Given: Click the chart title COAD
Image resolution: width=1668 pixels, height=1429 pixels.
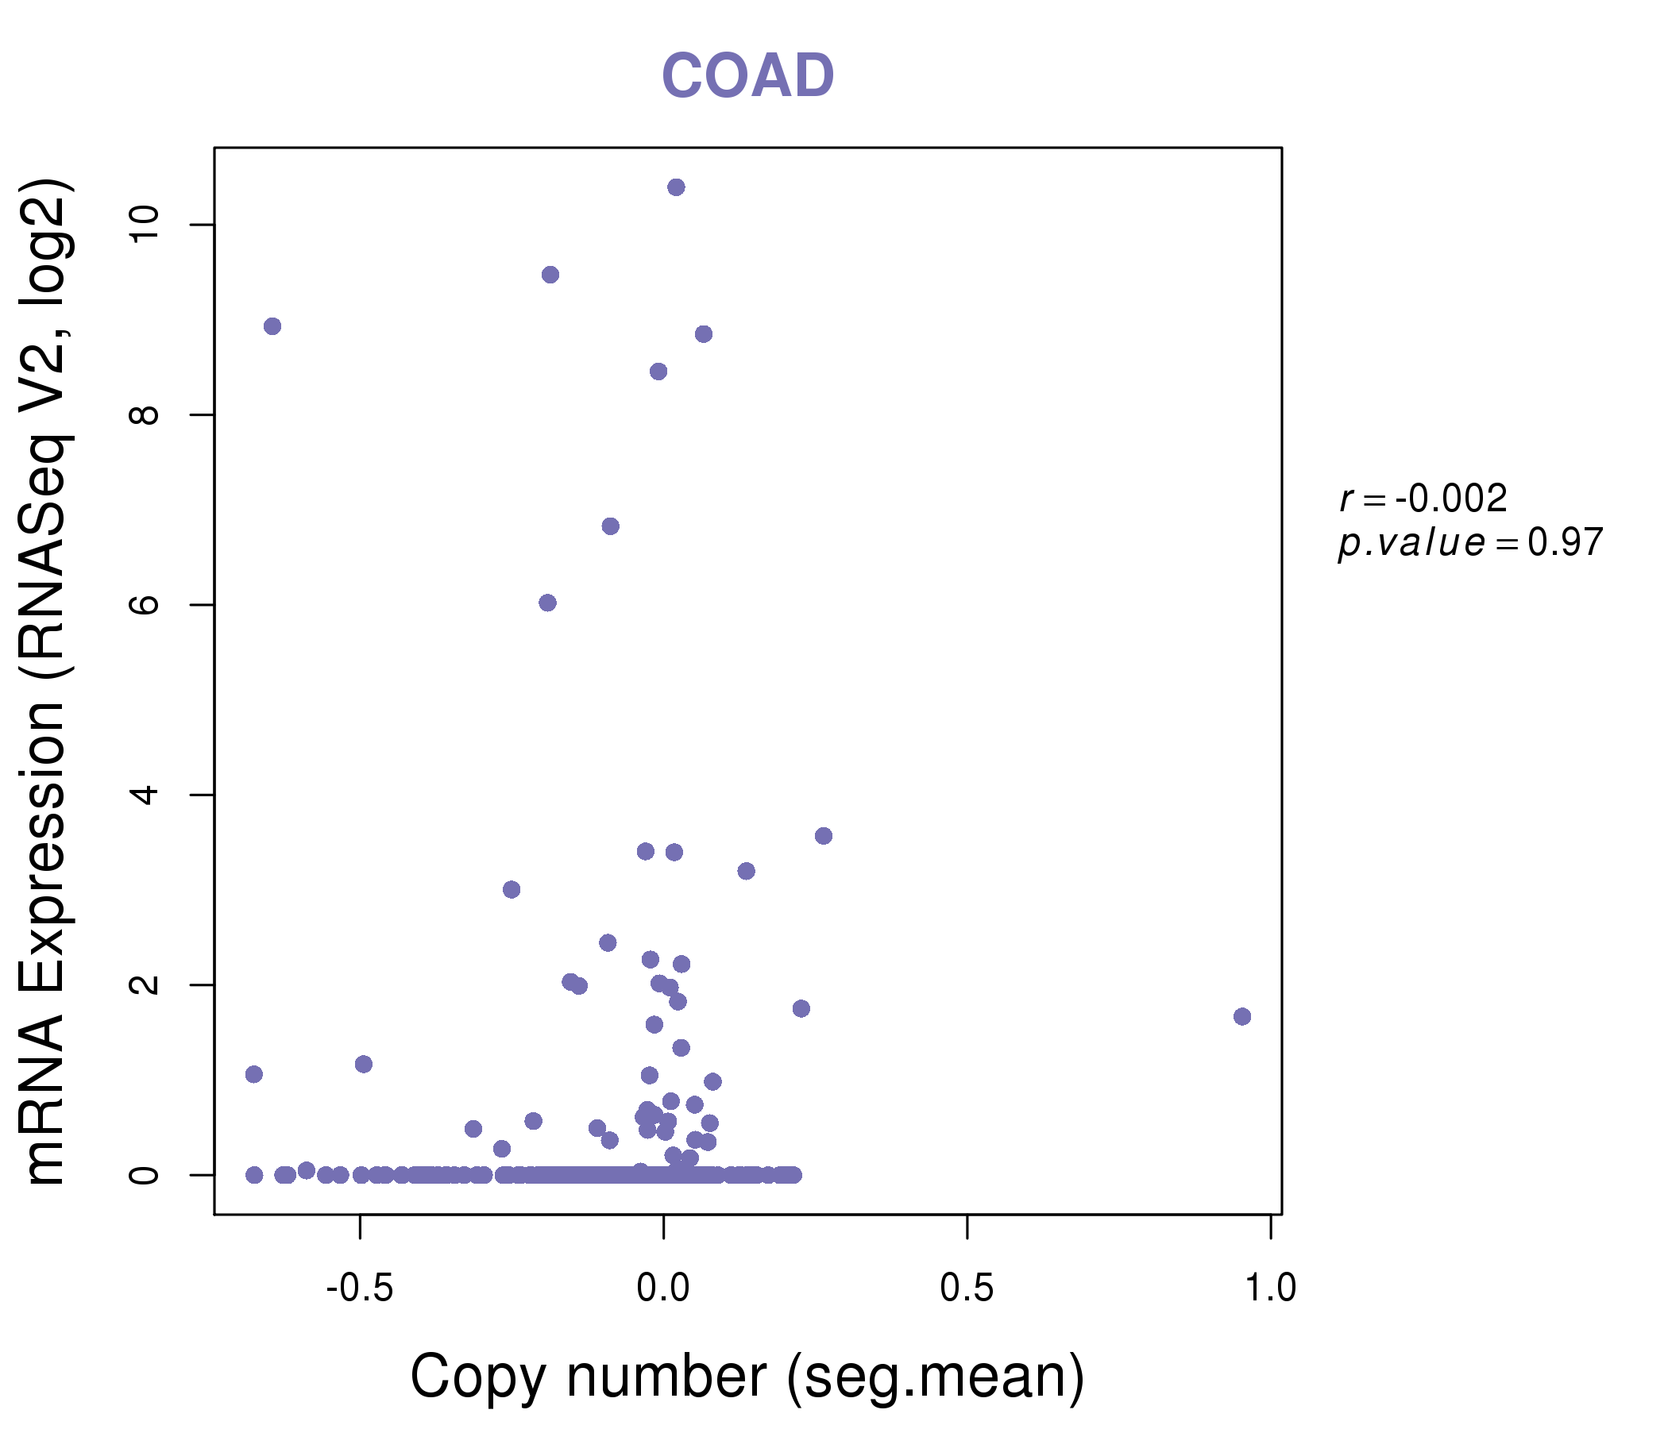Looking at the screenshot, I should (747, 76).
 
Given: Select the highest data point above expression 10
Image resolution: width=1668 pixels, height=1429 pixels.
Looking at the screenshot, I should (676, 187).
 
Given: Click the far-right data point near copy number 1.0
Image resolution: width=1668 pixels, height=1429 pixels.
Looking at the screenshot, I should (1242, 1016).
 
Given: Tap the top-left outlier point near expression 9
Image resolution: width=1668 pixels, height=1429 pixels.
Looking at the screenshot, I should (272, 325).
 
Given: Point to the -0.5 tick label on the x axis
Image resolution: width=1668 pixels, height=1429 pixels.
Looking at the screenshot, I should (359, 1288).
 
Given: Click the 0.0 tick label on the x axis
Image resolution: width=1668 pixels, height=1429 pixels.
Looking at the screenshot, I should (662, 1288).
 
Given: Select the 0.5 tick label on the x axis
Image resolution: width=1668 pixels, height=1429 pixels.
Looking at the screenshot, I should (966, 1288).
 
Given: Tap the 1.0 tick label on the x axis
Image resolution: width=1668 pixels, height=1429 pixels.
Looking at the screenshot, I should (1270, 1288).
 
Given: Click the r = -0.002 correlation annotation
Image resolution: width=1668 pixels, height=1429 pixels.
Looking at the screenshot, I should (1423, 499).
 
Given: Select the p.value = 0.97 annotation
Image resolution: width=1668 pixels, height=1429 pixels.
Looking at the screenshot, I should (1470, 543).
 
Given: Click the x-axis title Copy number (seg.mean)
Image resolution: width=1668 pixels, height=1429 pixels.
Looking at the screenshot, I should (747, 1377).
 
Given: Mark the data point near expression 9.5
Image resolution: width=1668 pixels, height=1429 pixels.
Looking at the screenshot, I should (550, 275).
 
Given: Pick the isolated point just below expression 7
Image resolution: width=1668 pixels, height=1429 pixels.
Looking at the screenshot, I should (610, 526).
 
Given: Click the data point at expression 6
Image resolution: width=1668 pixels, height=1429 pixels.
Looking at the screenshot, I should (547, 603).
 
